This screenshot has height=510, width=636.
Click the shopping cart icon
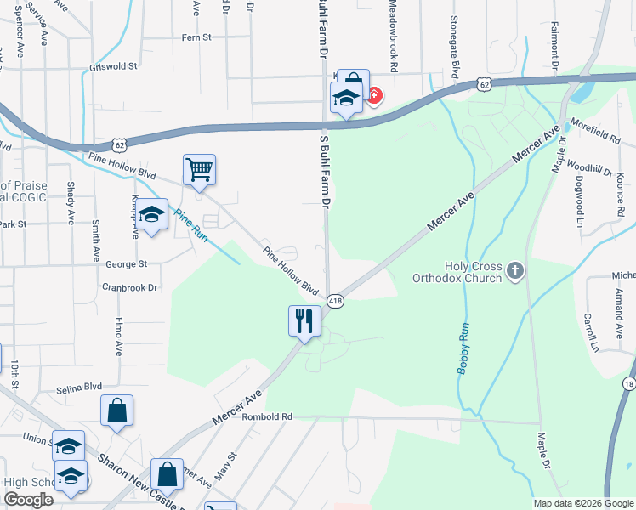pos(199,169)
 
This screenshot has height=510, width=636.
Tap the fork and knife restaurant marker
pos(304,320)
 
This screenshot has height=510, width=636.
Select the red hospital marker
pos(373,95)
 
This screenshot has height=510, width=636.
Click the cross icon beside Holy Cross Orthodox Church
pos(514,272)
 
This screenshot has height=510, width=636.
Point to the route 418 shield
pos(335,302)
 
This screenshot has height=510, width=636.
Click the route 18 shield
pos(629,383)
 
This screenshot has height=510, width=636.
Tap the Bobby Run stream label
pos(463,348)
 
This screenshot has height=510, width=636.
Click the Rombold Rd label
pos(267,417)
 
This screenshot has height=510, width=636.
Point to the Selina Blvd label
pos(79,387)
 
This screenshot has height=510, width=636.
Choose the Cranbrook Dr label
pos(130,287)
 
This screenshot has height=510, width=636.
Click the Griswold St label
pos(112,66)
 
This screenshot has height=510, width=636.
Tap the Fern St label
pos(196,37)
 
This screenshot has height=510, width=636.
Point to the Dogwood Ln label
pos(580,209)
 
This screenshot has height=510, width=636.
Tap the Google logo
pos(28,500)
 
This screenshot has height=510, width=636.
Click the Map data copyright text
pos(582,503)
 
